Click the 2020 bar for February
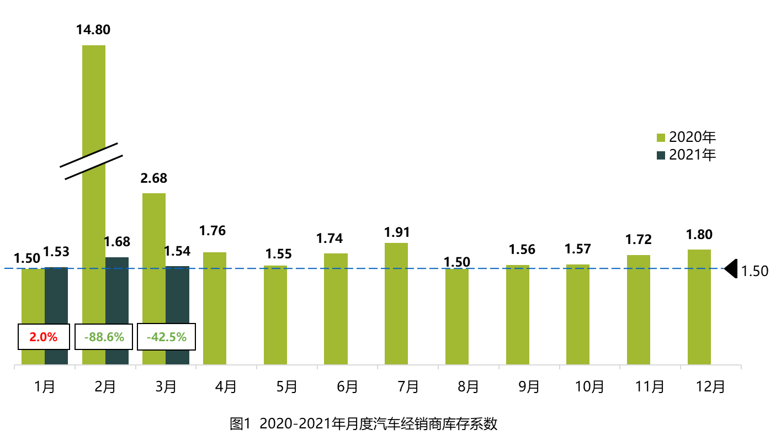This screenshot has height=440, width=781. click(93, 110)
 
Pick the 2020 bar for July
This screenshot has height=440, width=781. click(396, 304)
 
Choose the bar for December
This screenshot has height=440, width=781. click(699, 307)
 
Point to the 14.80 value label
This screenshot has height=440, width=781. click(93, 29)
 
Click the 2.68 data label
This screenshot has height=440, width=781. click(154, 178)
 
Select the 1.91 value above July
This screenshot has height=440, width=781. click(396, 232)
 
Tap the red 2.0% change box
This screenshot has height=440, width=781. click(44, 336)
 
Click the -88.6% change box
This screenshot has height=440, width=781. click(104, 336)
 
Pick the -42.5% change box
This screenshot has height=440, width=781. click(166, 336)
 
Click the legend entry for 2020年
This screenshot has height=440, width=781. click(686, 137)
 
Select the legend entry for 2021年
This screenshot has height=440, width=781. click(686, 155)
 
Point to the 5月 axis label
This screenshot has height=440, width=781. click(286, 386)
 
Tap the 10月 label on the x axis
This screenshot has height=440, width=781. click(589, 386)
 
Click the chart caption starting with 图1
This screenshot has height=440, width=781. click(364, 424)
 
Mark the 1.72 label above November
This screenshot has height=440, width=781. click(639, 240)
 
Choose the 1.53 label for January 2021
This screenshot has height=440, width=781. click(57, 252)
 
